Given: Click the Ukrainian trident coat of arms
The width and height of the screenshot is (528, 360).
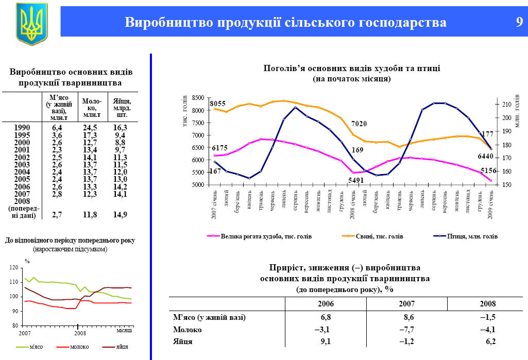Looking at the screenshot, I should click(31, 23).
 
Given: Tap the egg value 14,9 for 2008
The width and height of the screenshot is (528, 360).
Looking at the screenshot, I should click(120, 215).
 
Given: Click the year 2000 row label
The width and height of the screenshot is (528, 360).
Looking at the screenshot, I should click(22, 142).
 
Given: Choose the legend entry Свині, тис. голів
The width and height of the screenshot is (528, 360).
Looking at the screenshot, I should click(379, 236).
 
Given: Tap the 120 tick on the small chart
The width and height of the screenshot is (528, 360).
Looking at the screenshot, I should click(13, 267).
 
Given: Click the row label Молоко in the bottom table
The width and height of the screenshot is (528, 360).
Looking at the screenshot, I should click(188, 330).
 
